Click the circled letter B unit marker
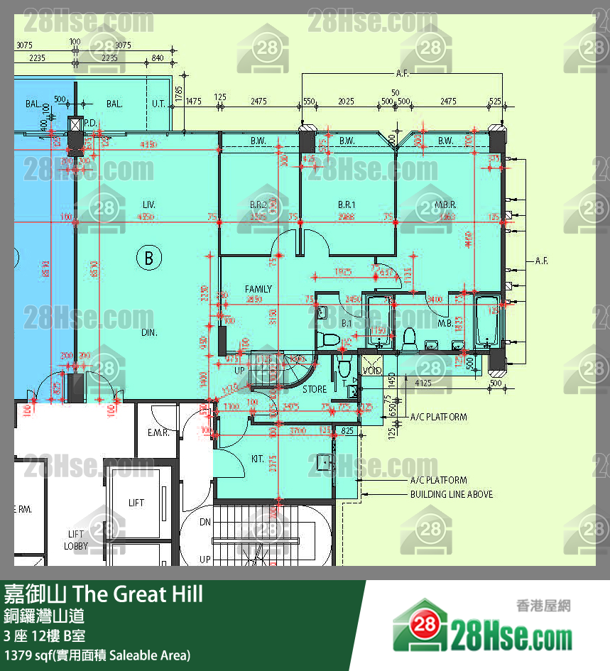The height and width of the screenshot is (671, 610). click(x=148, y=257)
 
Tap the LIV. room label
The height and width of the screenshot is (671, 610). click(x=148, y=204)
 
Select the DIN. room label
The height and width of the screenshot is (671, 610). click(x=148, y=332)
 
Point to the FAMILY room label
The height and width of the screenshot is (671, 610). click(x=258, y=289)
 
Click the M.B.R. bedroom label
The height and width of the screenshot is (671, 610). click(x=445, y=204)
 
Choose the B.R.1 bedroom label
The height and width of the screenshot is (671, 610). click(x=347, y=204)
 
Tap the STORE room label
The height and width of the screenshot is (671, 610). click(x=315, y=389)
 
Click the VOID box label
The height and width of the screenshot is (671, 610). click(x=371, y=371)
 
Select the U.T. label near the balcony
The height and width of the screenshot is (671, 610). click(x=158, y=104)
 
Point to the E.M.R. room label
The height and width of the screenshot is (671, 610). click(x=157, y=432)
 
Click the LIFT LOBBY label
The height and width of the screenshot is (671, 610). click(x=76, y=540)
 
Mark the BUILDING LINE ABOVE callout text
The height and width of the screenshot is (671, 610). click(x=451, y=494)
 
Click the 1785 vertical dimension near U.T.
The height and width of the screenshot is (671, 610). click(x=179, y=92)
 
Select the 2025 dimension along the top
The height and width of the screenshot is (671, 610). click(x=346, y=102)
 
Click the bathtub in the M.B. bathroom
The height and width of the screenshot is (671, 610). click(x=487, y=321)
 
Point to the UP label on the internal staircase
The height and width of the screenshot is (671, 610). click(x=239, y=371)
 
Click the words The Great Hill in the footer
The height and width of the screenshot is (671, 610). click(x=138, y=593)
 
